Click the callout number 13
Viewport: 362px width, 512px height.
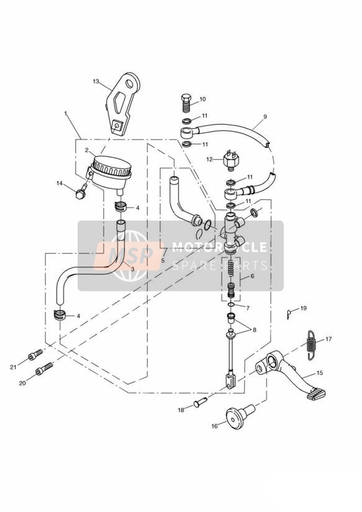point(96,81)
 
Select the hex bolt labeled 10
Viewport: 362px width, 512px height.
point(186,103)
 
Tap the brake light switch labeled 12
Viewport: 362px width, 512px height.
point(231,160)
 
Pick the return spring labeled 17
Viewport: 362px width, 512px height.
point(312,345)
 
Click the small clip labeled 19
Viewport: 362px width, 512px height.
point(289,314)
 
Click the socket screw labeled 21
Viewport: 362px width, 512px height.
point(35,355)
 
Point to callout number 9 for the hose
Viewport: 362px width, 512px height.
point(265,117)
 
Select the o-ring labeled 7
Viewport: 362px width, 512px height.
point(231,304)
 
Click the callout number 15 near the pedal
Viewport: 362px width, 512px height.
point(320,373)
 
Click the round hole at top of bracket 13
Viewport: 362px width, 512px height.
point(130,84)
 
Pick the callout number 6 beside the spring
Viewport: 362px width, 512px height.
point(252,276)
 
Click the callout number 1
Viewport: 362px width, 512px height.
point(66,114)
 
